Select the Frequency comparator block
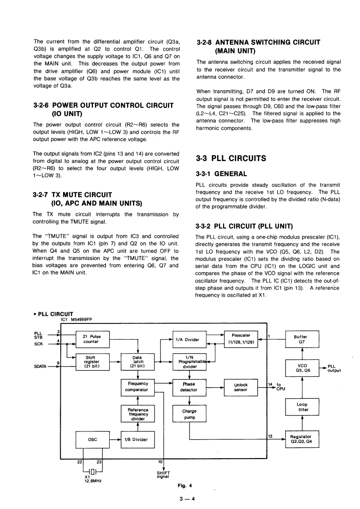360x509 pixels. (x=137, y=387)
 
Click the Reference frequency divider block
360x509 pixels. (x=137, y=414)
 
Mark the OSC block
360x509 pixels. (x=92, y=439)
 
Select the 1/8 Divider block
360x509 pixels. (x=137, y=439)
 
